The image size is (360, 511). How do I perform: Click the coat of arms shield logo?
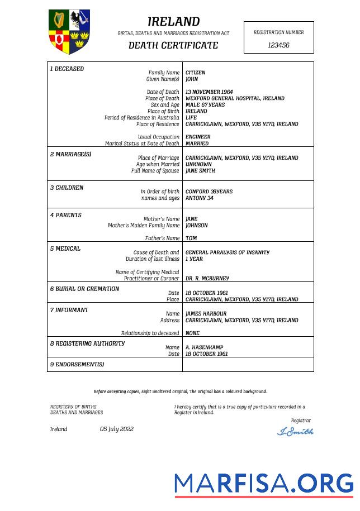(69, 31)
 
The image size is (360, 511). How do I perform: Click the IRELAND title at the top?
(173, 22)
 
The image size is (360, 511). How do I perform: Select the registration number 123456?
(278, 45)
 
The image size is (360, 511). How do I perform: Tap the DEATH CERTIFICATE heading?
(173, 45)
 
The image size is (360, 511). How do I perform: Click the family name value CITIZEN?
(195, 73)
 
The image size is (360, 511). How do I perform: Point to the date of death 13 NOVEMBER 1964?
(209, 92)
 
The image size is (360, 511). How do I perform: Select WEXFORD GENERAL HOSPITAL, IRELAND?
(235, 98)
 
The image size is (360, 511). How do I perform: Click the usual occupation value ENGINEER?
(198, 137)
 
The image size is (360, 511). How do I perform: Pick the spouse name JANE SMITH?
(200, 171)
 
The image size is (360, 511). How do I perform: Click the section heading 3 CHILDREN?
(67, 188)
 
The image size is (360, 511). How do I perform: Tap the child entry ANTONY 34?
(199, 198)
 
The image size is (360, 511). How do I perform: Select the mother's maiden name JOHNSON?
(196, 226)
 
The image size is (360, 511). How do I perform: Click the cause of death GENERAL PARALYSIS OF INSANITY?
(227, 252)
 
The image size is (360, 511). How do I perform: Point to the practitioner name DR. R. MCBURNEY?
(207, 278)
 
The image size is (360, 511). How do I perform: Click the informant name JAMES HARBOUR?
(206, 314)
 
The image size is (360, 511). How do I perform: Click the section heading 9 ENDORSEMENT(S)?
(77, 365)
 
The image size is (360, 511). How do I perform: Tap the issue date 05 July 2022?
(117, 429)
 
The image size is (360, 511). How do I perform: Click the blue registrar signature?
(295, 431)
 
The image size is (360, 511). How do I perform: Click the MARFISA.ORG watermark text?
(264, 483)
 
